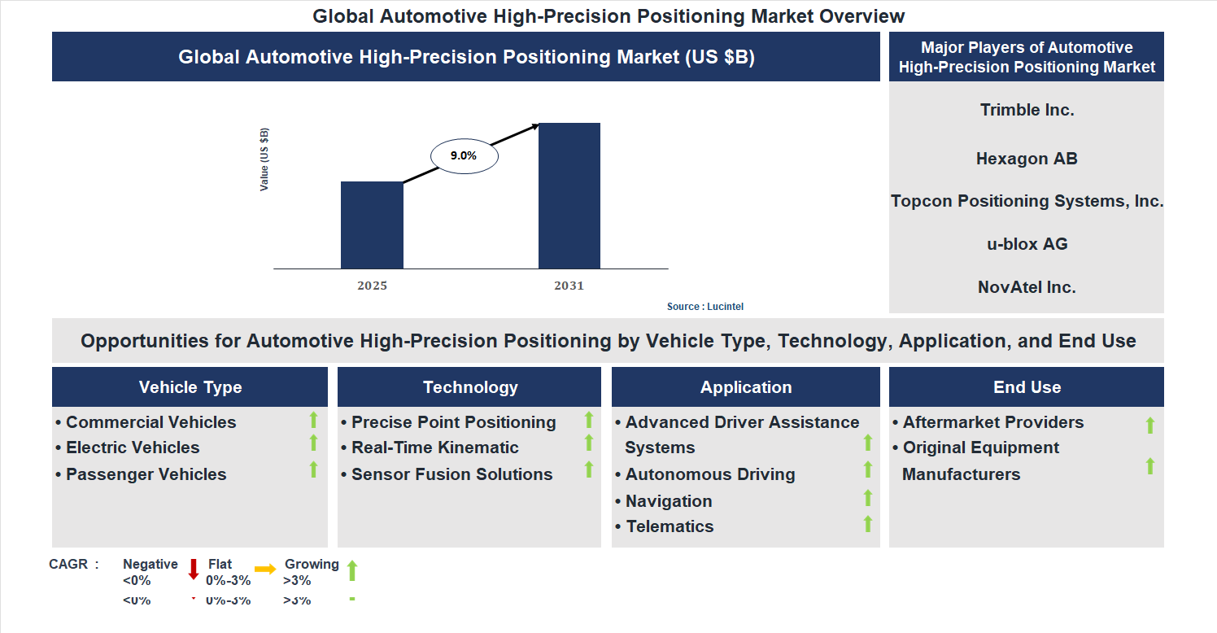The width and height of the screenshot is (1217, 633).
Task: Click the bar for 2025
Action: pyautogui.click(x=372, y=225)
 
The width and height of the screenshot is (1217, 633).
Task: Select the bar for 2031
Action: pyautogui.click(x=569, y=195)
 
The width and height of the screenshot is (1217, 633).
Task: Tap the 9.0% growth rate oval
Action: pyautogui.click(x=464, y=155)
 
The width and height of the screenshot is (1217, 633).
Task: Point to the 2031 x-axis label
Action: pyautogui.click(x=569, y=286)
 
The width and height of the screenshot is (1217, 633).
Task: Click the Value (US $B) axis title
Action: pyautogui.click(x=264, y=160)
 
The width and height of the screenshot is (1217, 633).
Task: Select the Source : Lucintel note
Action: pyautogui.click(x=705, y=307)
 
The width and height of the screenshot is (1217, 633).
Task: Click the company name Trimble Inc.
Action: pyautogui.click(x=1027, y=110)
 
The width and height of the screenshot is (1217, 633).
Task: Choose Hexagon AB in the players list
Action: pyautogui.click(x=1027, y=159)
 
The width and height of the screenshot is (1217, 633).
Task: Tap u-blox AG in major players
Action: pyautogui.click(x=1027, y=244)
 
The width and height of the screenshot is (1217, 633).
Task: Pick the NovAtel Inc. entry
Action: pyautogui.click(x=1027, y=287)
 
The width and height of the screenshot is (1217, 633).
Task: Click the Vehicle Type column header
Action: pyautogui.click(x=190, y=387)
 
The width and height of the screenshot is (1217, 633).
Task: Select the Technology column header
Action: pyautogui.click(x=470, y=387)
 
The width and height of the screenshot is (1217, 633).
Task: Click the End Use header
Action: pyautogui.click(x=1027, y=387)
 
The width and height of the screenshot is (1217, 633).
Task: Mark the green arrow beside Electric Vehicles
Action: pyautogui.click(x=313, y=443)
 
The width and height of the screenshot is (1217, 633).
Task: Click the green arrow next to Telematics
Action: pyautogui.click(x=867, y=524)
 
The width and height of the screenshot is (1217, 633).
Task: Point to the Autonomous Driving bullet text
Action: pyautogui.click(x=709, y=474)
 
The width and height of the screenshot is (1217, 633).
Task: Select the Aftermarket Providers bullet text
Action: pyautogui.click(x=992, y=422)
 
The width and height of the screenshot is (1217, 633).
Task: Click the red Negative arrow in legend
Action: pyautogui.click(x=194, y=569)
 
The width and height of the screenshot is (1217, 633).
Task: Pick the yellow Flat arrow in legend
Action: pyautogui.click(x=265, y=570)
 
